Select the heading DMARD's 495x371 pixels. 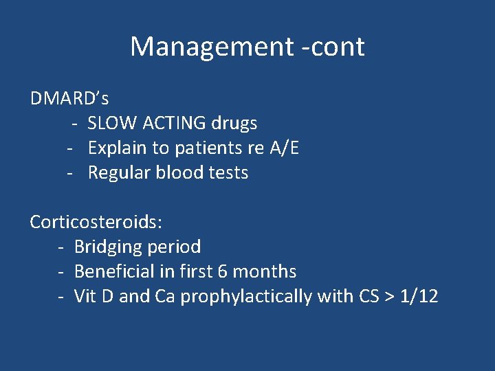[x=69, y=98]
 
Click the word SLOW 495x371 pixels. [x=112, y=123]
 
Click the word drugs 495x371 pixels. [x=234, y=123]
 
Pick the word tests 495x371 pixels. [x=230, y=172]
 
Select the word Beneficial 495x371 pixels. [x=114, y=271]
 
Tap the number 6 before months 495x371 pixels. [x=222, y=271]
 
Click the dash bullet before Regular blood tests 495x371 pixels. [x=70, y=172]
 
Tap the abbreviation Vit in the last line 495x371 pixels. [x=85, y=296]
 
